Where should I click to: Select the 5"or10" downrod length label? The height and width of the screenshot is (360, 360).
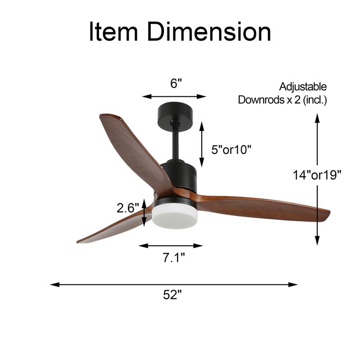click(231, 149)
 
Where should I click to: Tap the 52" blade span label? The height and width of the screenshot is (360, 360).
click(173, 296)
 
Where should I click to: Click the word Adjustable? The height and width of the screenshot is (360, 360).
click(303, 87)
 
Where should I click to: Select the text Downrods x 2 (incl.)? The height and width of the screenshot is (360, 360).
click(282, 100)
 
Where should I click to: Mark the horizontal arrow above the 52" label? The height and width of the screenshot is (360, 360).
click(174, 284)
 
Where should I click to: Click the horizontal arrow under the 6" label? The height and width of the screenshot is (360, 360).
click(174, 96)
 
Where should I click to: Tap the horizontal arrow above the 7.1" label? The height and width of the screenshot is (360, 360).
click(171, 246)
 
